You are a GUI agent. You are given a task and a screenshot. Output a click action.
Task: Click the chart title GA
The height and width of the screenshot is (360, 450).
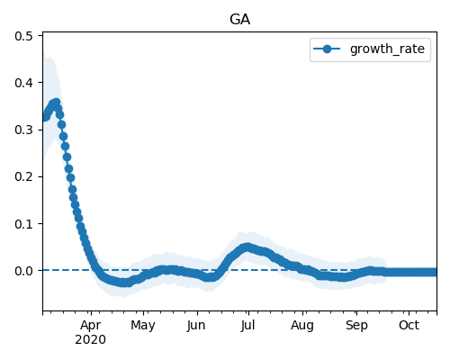tap(239, 20)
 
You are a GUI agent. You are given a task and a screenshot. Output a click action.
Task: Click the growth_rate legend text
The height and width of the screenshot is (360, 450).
tap(387, 49)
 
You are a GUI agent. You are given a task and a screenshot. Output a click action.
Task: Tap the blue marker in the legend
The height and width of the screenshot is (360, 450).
tap(327, 49)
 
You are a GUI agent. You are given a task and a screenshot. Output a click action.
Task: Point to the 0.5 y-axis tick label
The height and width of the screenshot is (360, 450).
tap(23, 36)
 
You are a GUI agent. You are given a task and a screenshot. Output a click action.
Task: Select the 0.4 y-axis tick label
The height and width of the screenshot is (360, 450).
tap(23, 83)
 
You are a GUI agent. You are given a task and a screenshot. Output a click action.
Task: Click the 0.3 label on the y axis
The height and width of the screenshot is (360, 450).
tap(23, 130)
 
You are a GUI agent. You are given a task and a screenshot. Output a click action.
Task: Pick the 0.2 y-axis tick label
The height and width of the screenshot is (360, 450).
tap(23, 176)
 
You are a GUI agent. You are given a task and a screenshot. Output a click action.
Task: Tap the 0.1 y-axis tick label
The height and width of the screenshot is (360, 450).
tap(23, 224)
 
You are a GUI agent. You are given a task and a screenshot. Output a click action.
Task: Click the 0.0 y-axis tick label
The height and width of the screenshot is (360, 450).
tap(23, 271)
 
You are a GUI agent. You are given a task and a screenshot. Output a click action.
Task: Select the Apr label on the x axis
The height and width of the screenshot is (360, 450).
tap(91, 326)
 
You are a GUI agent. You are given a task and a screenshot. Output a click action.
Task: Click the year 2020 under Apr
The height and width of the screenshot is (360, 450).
tap(90, 340)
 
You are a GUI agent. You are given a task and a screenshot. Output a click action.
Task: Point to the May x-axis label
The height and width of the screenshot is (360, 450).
tap(143, 326)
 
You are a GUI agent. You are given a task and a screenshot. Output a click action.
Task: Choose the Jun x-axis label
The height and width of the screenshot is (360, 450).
tap(196, 326)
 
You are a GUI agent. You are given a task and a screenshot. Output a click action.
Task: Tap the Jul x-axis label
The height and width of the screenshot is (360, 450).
tap(247, 326)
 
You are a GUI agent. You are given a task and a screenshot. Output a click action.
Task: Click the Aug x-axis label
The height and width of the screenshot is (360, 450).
tap(302, 326)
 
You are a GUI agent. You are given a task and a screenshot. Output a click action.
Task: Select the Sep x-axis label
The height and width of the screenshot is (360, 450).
tap(356, 326)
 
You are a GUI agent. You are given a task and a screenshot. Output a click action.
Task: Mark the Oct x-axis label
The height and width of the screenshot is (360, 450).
tap(409, 326)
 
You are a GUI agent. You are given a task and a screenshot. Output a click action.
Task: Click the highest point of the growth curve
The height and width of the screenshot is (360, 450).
tap(56, 103)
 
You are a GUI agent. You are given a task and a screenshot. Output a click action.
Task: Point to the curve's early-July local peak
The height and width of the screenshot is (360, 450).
tap(247, 247)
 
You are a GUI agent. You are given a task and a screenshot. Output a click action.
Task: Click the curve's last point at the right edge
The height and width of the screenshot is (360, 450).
tap(433, 272)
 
